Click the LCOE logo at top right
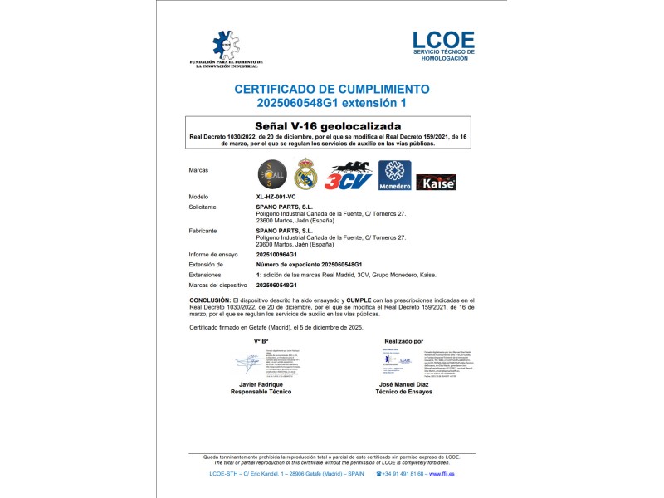443,46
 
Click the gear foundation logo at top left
227,50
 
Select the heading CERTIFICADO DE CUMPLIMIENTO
332,88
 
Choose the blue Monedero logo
394,175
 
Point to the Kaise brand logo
436,182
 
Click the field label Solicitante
203,207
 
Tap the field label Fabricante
203,231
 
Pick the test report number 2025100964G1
283,255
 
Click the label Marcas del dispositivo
219,285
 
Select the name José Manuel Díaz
403,385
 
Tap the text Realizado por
404,341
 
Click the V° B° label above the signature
261,341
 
